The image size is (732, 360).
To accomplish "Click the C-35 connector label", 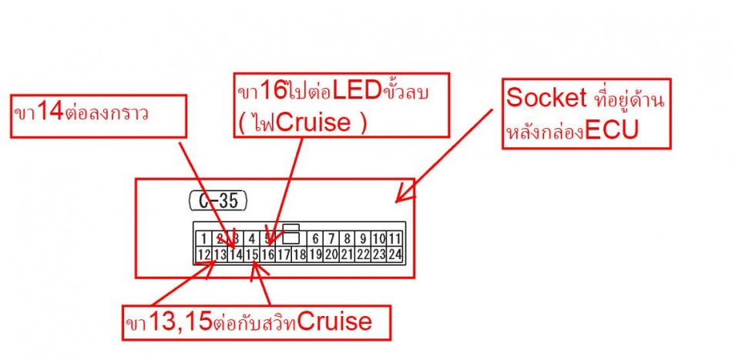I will point(217,202).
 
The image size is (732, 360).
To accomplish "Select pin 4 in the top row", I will point(251,239).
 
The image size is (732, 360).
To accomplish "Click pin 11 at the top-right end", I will point(394,239).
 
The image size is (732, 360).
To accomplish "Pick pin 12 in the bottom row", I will point(203,254).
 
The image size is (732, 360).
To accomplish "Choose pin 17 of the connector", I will point(284,254).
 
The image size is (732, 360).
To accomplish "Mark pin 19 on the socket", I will point(315,254).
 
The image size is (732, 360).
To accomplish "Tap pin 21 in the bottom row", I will point(347,254).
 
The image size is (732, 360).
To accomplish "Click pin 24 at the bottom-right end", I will point(395,254).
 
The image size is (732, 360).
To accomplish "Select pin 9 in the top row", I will point(362,239).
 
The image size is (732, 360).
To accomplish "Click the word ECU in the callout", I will point(612,130).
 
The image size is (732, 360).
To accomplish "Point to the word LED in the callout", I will point(358,92).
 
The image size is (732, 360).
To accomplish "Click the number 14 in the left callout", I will point(49,112).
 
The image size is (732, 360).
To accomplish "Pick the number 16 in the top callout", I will point(273,92).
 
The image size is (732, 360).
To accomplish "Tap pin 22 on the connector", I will point(363,254).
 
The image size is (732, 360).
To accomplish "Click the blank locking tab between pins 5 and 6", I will point(291,237).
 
